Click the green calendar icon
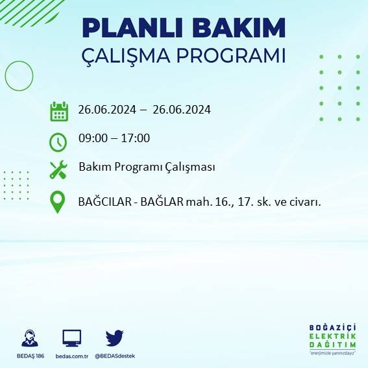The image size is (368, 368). tap(58, 111)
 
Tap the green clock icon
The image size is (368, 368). tap(58, 141)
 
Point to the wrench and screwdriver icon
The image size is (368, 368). tap(58, 170)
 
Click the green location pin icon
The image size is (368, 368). tap(58, 202)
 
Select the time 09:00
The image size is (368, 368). tap(92, 138)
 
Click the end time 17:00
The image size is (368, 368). tap(136, 138)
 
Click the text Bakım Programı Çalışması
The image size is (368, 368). tap(146, 167)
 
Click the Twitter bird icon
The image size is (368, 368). tap(114, 337)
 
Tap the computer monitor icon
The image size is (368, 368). tap(71, 338)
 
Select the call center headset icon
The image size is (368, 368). tap(29, 338)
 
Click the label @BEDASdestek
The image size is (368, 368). tap(115, 356)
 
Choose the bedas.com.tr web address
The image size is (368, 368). tap(71, 356)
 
